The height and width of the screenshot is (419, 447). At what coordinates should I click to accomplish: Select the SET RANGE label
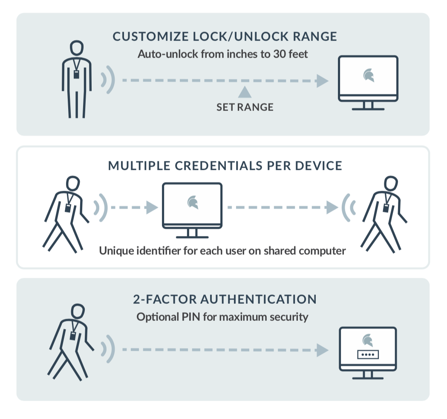point(245,107)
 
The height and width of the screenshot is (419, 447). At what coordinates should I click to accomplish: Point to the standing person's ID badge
point(77,74)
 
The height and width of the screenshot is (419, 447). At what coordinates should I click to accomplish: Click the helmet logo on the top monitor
point(368,76)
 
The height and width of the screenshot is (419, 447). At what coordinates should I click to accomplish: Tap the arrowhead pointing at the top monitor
point(323,81)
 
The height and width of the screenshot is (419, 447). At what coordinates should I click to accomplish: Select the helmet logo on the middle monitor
point(193,202)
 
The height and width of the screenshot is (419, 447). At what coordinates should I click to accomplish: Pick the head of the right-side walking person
point(390,184)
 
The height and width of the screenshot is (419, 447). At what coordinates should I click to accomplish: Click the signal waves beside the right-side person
point(349,207)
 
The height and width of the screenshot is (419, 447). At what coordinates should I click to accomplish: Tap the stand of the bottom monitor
point(368,375)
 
